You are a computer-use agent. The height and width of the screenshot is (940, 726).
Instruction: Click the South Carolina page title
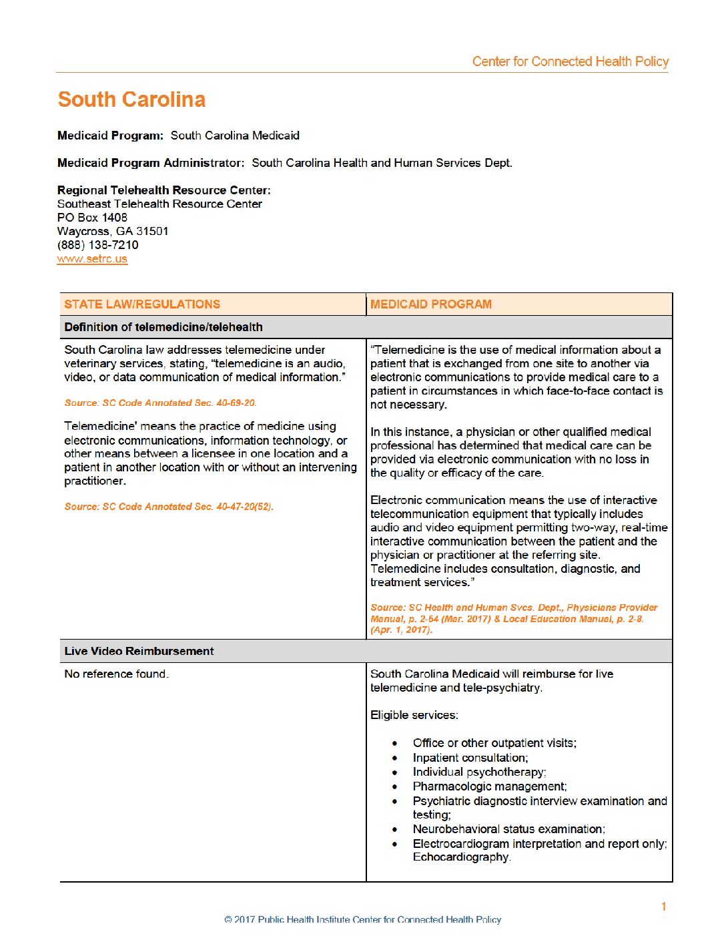click(x=131, y=99)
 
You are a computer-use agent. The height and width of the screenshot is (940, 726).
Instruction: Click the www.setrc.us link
click(x=92, y=259)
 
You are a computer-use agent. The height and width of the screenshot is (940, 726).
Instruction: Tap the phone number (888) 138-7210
click(x=98, y=245)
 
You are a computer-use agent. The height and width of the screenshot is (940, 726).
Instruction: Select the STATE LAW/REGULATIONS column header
click(x=142, y=304)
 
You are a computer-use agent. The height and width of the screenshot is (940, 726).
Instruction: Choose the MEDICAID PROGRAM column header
click(x=431, y=304)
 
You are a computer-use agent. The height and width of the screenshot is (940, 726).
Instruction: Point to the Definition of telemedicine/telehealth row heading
click(x=163, y=327)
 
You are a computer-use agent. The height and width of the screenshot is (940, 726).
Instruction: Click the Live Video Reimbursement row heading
click(x=139, y=651)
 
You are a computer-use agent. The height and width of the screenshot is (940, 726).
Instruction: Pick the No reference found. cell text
click(x=116, y=674)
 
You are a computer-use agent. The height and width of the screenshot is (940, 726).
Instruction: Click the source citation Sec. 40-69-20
click(x=160, y=403)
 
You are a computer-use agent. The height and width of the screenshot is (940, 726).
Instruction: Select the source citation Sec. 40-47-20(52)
click(x=169, y=507)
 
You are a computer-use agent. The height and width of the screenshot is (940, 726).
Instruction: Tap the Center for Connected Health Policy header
click(x=571, y=61)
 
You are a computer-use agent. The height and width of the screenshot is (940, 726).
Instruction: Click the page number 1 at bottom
click(x=664, y=907)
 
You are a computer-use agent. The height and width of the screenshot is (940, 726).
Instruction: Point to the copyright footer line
click(x=363, y=920)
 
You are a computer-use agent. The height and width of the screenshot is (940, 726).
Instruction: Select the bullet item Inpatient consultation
click(x=470, y=758)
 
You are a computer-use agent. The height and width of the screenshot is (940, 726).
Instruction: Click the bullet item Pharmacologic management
click(x=490, y=786)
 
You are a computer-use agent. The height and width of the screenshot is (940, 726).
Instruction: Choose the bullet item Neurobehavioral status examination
click(x=508, y=829)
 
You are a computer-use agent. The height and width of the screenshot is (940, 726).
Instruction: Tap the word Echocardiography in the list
click(x=461, y=857)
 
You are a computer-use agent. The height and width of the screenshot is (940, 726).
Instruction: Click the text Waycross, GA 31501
click(x=113, y=232)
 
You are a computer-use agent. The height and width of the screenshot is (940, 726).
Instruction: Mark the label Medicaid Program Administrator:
click(x=151, y=163)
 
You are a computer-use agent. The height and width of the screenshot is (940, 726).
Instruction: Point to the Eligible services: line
click(x=414, y=715)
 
